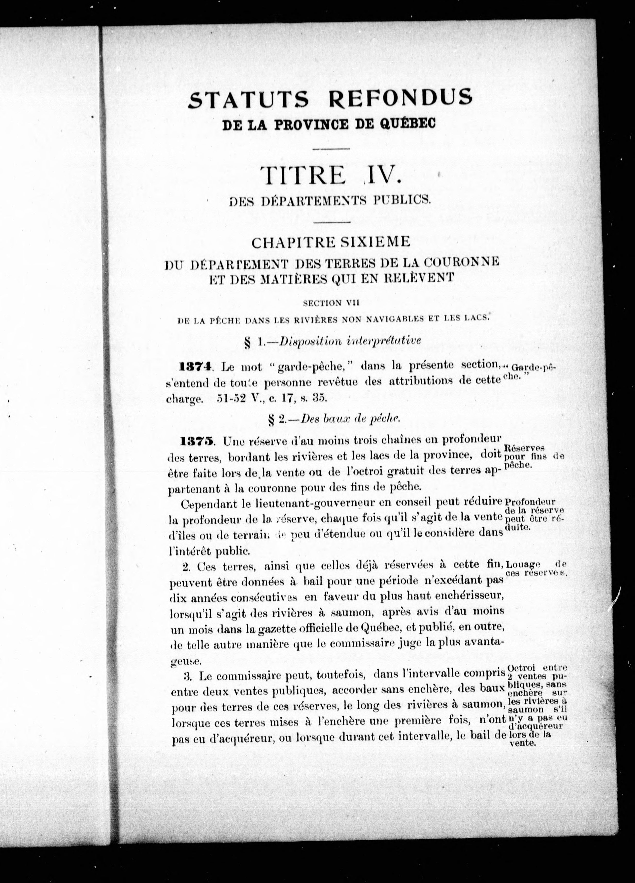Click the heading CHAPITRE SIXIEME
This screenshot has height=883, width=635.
(x=331, y=242)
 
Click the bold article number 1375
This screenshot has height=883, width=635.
(x=197, y=441)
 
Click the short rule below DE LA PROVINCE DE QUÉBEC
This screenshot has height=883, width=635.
(x=331, y=148)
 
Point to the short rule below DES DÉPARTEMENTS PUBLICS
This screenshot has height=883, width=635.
(x=331, y=222)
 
